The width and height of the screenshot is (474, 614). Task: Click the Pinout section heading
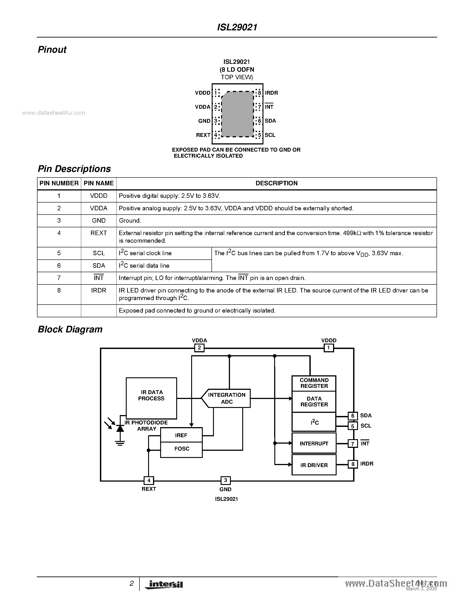point(52,50)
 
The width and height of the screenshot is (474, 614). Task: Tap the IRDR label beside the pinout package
point(271,93)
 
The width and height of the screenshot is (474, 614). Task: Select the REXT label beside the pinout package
point(203,135)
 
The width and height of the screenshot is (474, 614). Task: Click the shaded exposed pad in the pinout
point(238,114)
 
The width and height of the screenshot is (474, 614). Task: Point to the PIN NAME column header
point(99,183)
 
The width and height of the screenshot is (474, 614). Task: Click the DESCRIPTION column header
point(276,183)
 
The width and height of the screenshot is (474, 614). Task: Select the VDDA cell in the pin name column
point(99,208)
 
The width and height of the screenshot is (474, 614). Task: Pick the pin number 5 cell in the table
point(59,253)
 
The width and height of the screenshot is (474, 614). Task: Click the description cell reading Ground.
point(130,221)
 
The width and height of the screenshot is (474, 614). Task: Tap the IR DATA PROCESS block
point(151,398)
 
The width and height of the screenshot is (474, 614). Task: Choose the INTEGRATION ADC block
point(226,398)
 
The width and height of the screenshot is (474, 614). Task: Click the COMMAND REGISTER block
point(314,383)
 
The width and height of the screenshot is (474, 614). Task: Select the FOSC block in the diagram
point(181,449)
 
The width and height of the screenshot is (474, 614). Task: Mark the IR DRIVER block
point(314,465)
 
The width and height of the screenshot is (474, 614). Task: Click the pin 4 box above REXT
point(149,480)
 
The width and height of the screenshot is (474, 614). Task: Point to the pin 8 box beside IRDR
point(353,464)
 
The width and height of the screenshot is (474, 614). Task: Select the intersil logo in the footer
point(164,585)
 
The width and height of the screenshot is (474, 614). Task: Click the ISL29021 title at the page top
point(237,27)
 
